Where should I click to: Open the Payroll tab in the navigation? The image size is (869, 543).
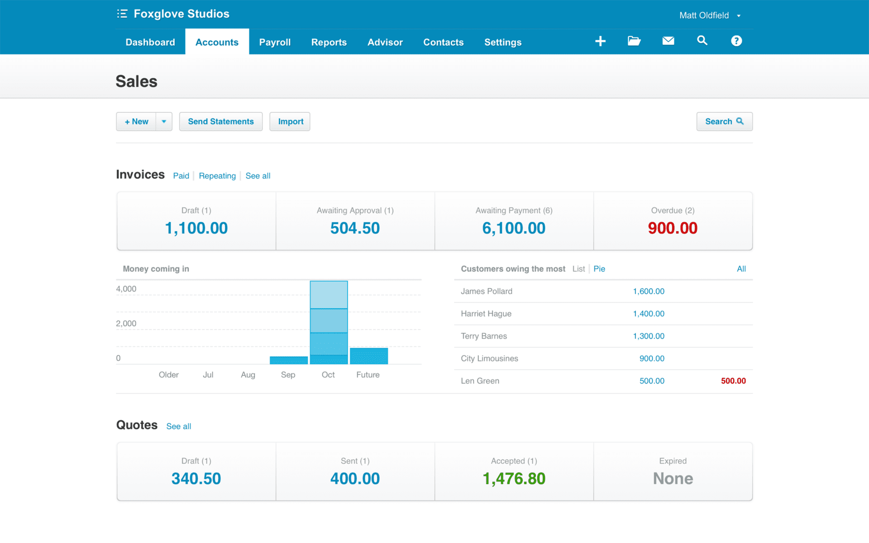point(275,42)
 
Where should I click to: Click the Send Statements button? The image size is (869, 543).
point(221,121)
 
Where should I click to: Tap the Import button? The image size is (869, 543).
point(290,121)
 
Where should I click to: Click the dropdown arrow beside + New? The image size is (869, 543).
point(164,121)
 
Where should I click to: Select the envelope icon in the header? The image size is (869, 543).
point(668,41)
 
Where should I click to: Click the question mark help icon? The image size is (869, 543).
point(736,41)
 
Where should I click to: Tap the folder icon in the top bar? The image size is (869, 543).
point(634,41)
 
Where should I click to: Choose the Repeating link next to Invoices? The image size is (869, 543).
point(217,176)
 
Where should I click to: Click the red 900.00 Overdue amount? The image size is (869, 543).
point(673,228)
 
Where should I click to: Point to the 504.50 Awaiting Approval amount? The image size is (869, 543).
point(355,228)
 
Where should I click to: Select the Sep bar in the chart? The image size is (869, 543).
point(288,360)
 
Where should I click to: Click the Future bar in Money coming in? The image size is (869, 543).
point(369,356)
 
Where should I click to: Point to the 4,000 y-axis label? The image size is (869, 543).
point(126,289)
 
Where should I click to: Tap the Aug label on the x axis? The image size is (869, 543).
point(248,375)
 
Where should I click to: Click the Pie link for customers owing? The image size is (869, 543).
point(599,269)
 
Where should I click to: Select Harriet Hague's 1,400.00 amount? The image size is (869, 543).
point(648,314)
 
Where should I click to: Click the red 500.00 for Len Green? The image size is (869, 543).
point(733,381)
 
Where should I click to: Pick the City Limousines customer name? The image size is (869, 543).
point(489,358)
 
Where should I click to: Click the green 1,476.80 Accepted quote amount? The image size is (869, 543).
point(514,479)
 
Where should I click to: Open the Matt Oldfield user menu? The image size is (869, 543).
point(709,15)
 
